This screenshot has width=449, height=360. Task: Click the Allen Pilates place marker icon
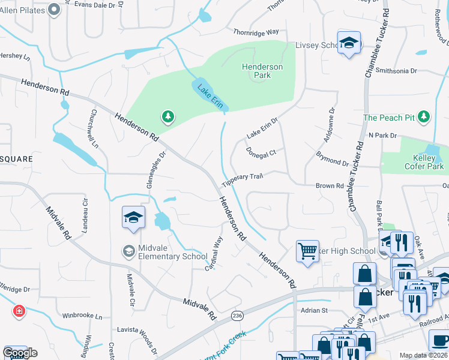click(x=53, y=10)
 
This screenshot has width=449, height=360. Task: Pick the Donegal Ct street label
click(x=261, y=152)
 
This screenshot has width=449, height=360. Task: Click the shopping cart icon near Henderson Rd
click(x=307, y=250)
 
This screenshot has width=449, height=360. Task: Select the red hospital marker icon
click(x=19, y=311)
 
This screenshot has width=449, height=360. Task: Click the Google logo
click(x=20, y=353)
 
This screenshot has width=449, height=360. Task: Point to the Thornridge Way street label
click(x=256, y=31)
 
